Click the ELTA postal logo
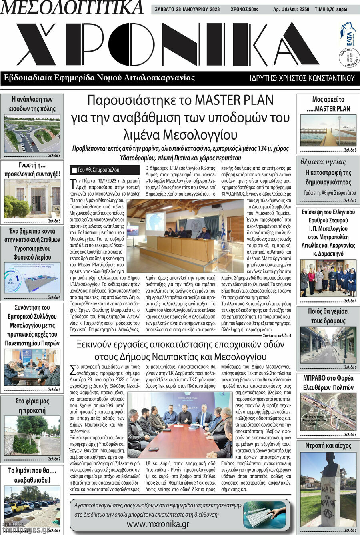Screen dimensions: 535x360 click(348, 34)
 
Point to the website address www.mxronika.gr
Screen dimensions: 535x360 click(158, 524)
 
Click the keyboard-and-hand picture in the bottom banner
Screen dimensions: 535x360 click(264, 515)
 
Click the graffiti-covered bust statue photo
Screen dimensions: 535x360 click(328, 489)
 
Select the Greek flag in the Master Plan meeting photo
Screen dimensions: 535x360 click(223, 228)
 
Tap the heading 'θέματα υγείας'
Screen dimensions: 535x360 click(323, 162)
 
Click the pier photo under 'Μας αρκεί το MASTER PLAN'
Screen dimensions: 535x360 click(328, 131)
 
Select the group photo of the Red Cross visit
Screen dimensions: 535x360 click(328, 278)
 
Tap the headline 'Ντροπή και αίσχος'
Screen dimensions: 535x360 click(328, 446)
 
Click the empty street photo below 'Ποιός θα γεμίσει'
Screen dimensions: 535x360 click(328, 345)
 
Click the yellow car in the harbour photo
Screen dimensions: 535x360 click(17, 507)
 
